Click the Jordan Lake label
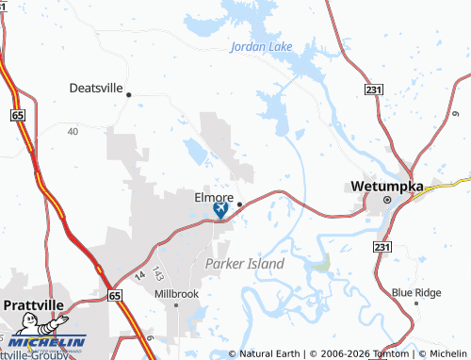261,46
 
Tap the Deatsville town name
97,88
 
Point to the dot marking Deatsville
129,93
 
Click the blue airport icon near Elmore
220,209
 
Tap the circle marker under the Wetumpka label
386,200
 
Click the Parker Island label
245,264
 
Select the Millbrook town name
177,294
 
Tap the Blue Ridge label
415,293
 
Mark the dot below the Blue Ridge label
415,303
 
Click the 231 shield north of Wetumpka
375,88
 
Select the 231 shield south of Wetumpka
381,246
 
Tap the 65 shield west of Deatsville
18,113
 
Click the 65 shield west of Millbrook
114,295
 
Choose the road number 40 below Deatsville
73,131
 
